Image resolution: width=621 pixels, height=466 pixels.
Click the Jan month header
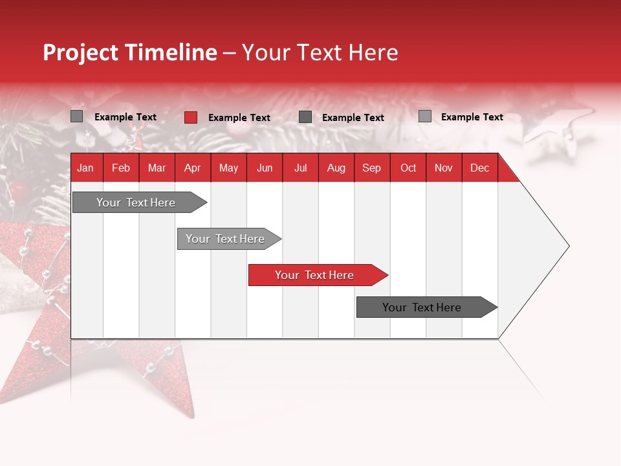click(x=85, y=168)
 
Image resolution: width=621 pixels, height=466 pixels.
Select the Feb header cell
click(x=121, y=168)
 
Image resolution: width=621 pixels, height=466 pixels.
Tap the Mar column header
click(x=157, y=168)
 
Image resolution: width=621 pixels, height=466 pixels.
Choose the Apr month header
click(x=192, y=168)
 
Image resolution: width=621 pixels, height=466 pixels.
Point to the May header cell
click(x=228, y=168)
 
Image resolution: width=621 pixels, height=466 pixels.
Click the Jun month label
click(x=265, y=168)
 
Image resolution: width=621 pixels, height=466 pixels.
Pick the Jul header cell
click(x=300, y=168)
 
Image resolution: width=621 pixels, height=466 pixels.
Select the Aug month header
click(x=336, y=168)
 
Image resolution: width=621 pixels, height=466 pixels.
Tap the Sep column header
click(x=371, y=168)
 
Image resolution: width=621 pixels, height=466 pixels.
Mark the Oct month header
click(x=408, y=168)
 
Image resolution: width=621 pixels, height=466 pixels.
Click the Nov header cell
click(x=444, y=168)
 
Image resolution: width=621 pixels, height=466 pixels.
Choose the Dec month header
click(x=479, y=168)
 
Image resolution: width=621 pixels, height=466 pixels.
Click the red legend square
click(x=191, y=117)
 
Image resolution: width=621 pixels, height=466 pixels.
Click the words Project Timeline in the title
click(x=130, y=52)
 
